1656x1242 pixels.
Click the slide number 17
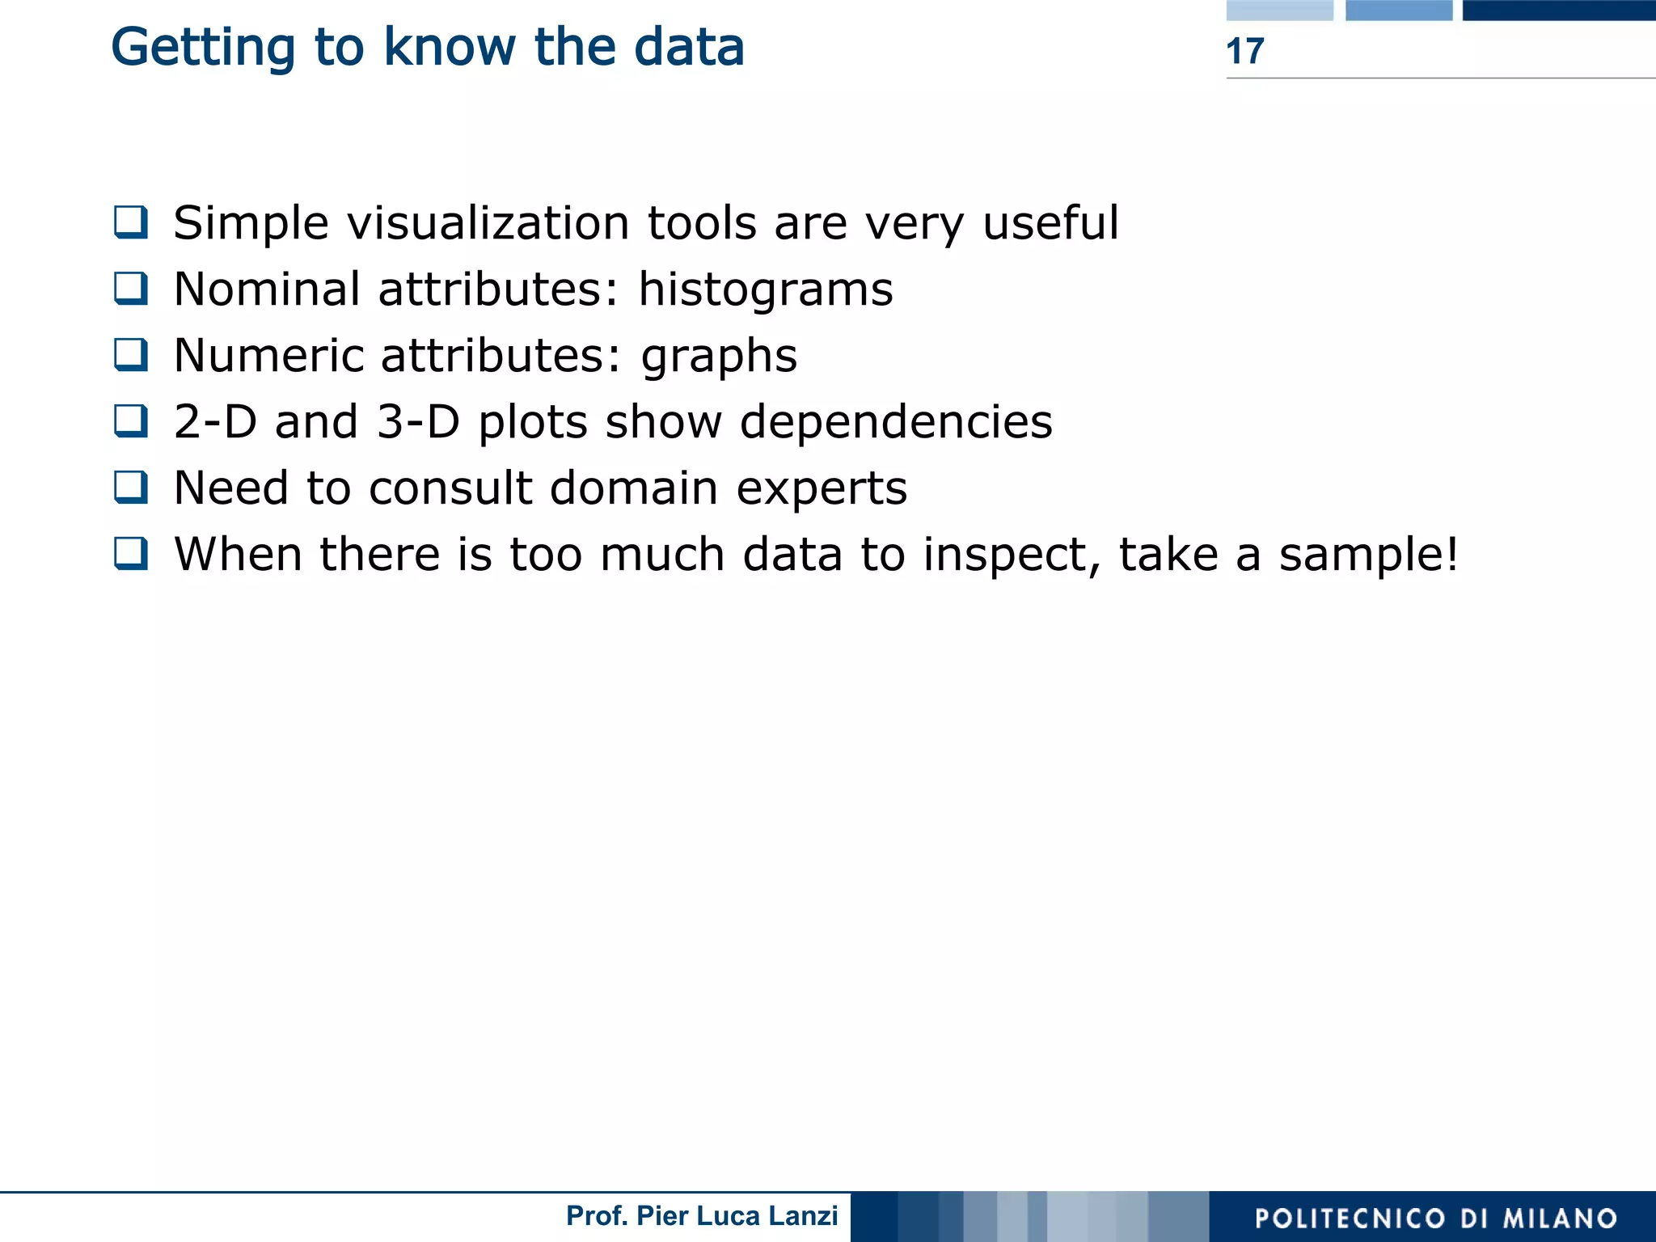(x=1244, y=51)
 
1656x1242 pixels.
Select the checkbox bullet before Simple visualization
(x=131, y=222)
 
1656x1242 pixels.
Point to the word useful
(x=1050, y=223)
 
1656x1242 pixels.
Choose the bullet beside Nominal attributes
(x=131, y=288)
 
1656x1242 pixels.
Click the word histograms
(x=765, y=291)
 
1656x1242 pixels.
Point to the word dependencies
(x=896, y=424)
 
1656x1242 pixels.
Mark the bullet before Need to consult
(x=131, y=487)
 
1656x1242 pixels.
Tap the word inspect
(x=1012, y=556)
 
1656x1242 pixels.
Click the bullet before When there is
(x=131, y=553)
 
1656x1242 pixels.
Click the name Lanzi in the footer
(x=804, y=1215)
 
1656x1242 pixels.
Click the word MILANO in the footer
(x=1560, y=1219)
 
